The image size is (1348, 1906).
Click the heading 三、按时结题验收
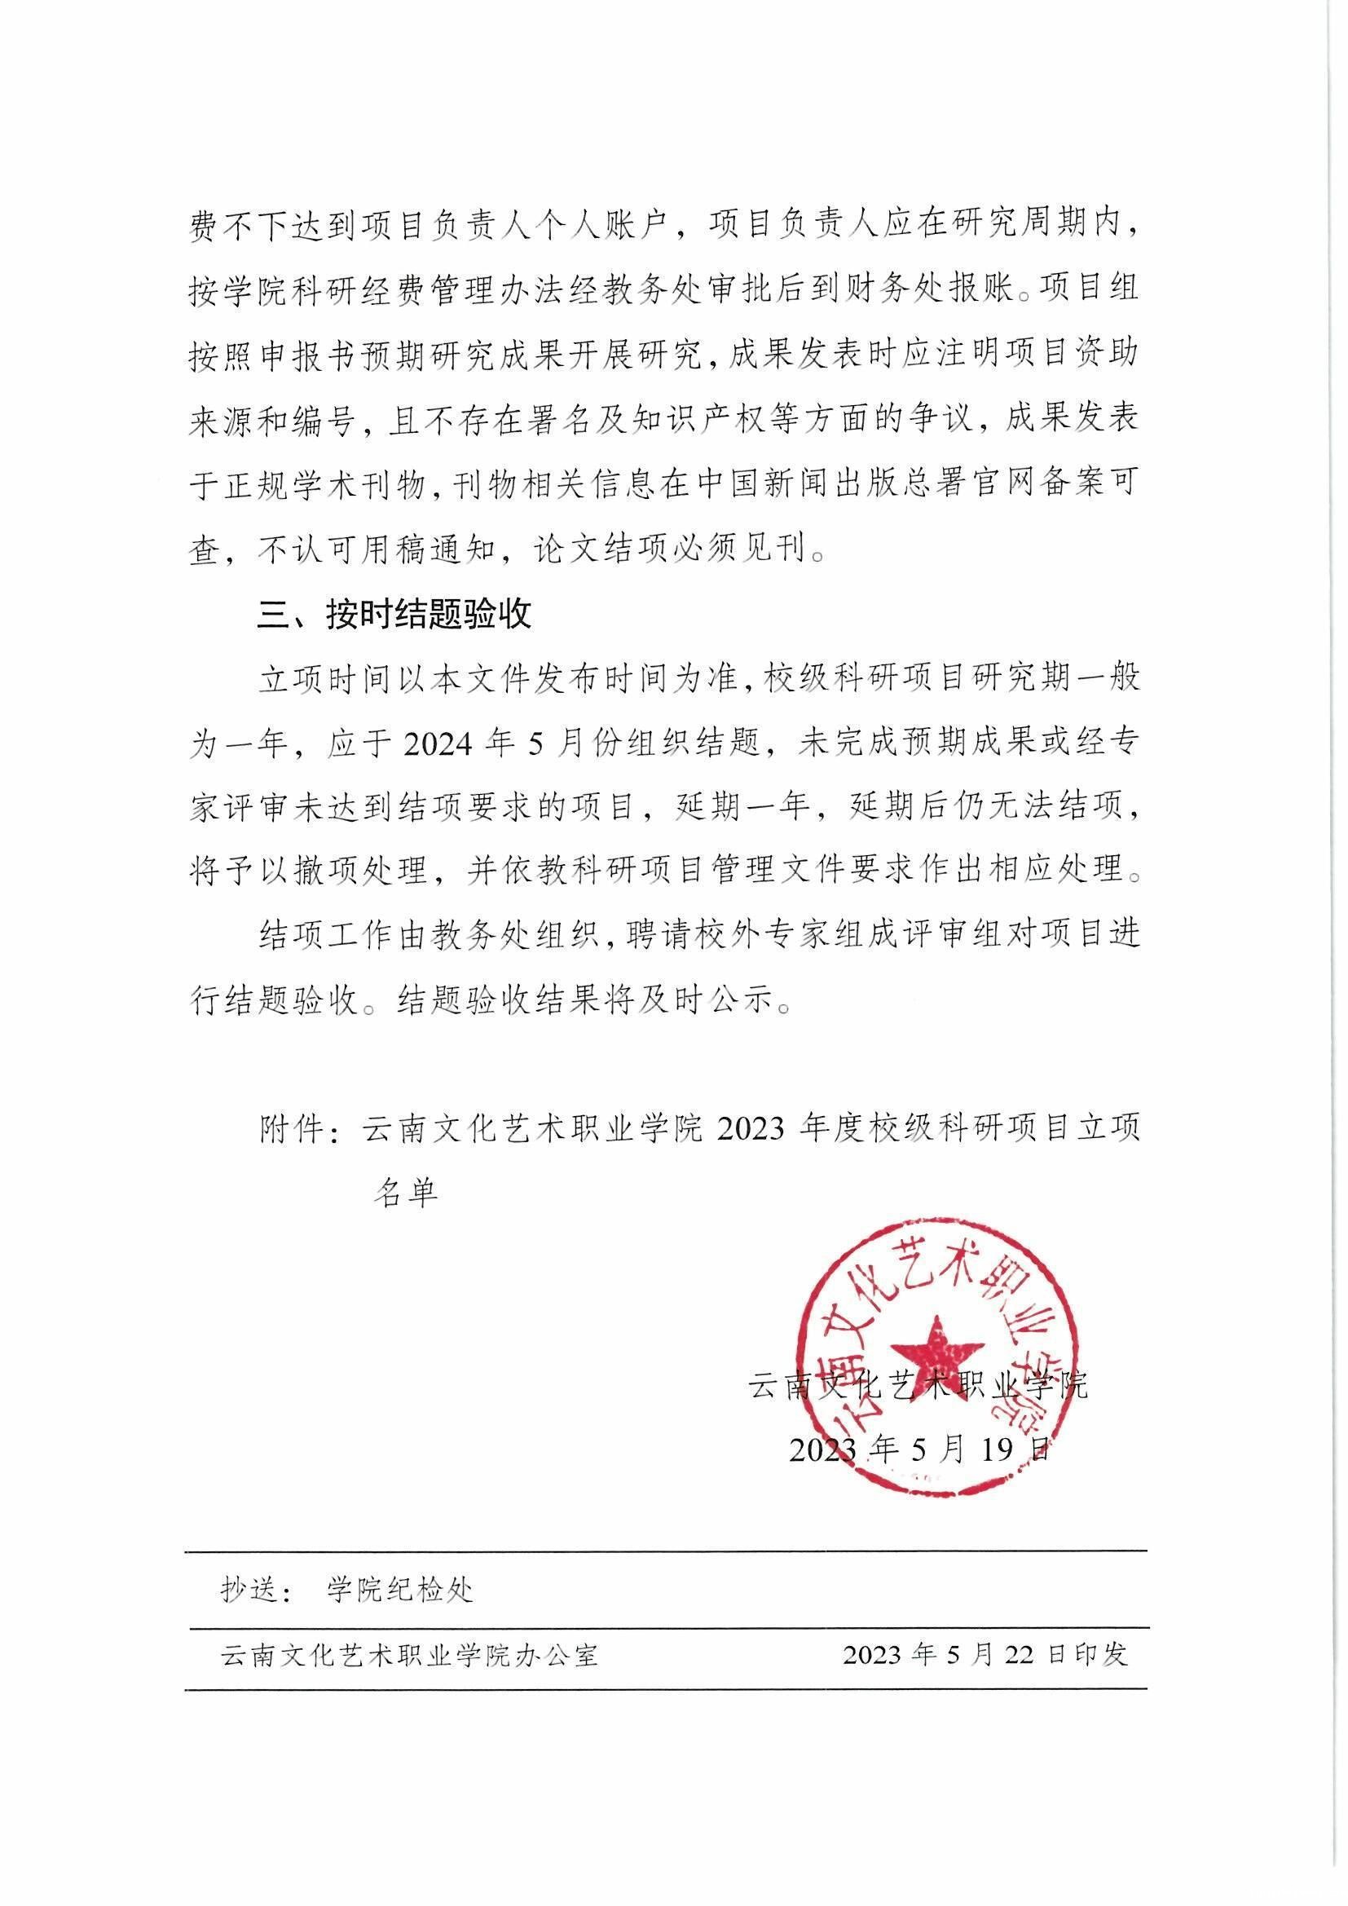click(394, 616)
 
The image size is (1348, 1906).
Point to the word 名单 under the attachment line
click(404, 1192)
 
